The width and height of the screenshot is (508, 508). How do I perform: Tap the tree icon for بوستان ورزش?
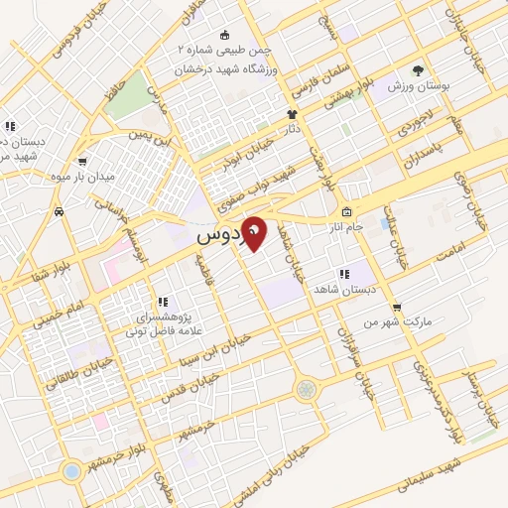click(x=419, y=70)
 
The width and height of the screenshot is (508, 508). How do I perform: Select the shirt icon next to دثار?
click(x=292, y=114)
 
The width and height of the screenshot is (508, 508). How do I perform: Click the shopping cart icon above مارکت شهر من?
click(x=397, y=307)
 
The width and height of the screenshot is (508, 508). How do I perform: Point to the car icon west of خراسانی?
click(x=61, y=211)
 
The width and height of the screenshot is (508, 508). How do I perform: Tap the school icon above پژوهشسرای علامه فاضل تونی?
click(x=160, y=302)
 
